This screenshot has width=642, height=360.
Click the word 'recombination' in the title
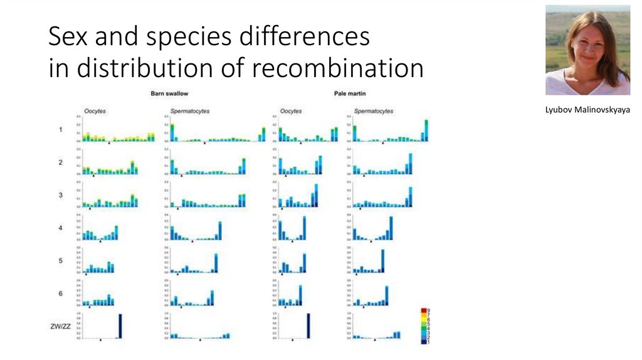click(x=354, y=68)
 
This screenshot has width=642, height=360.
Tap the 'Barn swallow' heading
click(x=166, y=93)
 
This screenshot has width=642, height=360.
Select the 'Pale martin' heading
click(x=350, y=93)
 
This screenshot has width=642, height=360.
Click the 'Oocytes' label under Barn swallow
click(x=95, y=111)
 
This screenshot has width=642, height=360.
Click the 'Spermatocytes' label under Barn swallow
click(x=190, y=111)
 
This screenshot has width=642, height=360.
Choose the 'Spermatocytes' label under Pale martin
click(x=374, y=111)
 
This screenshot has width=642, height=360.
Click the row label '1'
click(x=60, y=130)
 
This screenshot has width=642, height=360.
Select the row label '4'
click(x=60, y=228)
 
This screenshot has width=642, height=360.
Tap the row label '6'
click(x=60, y=293)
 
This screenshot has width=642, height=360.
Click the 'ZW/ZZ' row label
click(x=60, y=326)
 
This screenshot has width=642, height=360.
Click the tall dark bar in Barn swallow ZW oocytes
click(x=120, y=326)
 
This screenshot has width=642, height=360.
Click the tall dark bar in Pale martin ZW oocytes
click(x=308, y=326)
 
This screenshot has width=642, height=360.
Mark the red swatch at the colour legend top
click(x=425, y=311)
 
